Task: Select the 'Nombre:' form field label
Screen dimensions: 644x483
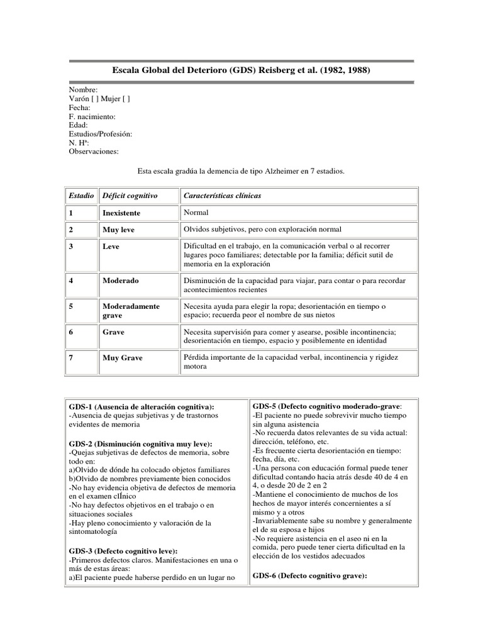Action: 84,90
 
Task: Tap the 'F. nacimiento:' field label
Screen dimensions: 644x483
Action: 92,116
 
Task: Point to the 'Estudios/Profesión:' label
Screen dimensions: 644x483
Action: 101,134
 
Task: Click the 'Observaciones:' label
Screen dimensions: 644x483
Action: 93,152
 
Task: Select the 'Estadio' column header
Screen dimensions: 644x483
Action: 82,196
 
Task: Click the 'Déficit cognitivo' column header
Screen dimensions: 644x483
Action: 130,196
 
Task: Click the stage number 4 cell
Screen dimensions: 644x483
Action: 72,280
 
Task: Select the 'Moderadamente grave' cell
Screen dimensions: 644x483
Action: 131,311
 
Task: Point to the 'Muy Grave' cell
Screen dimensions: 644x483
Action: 123,358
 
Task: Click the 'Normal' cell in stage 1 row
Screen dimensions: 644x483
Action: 196,213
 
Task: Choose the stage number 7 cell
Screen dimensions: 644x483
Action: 72,358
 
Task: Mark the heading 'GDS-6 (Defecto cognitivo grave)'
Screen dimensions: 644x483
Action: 309,576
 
